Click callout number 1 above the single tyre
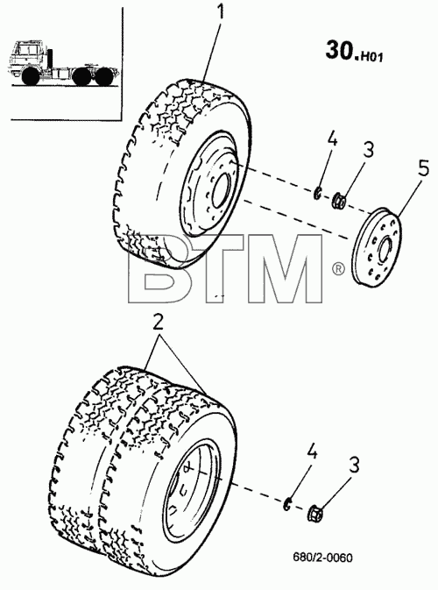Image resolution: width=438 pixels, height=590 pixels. click(221, 11)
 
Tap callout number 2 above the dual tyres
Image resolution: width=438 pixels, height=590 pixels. click(158, 322)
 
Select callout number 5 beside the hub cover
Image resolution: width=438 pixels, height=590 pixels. click(423, 168)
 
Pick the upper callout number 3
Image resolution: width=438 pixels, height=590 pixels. click(369, 149)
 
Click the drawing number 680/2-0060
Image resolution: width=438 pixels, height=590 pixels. click(323, 557)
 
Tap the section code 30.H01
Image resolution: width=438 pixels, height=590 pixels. click(354, 51)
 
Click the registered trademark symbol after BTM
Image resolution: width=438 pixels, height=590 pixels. click(338, 268)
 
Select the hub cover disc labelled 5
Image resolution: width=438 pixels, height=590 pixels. click(377, 247)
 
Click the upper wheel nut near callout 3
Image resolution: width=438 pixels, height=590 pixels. click(339, 200)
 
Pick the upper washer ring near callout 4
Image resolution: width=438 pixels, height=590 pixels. click(317, 193)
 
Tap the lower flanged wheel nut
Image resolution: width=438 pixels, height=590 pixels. click(314, 514)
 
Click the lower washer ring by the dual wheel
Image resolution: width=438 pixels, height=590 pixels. click(287, 504)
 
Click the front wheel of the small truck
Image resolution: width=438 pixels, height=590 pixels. click(31, 75)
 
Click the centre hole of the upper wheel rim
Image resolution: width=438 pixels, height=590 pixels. click(221, 190)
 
